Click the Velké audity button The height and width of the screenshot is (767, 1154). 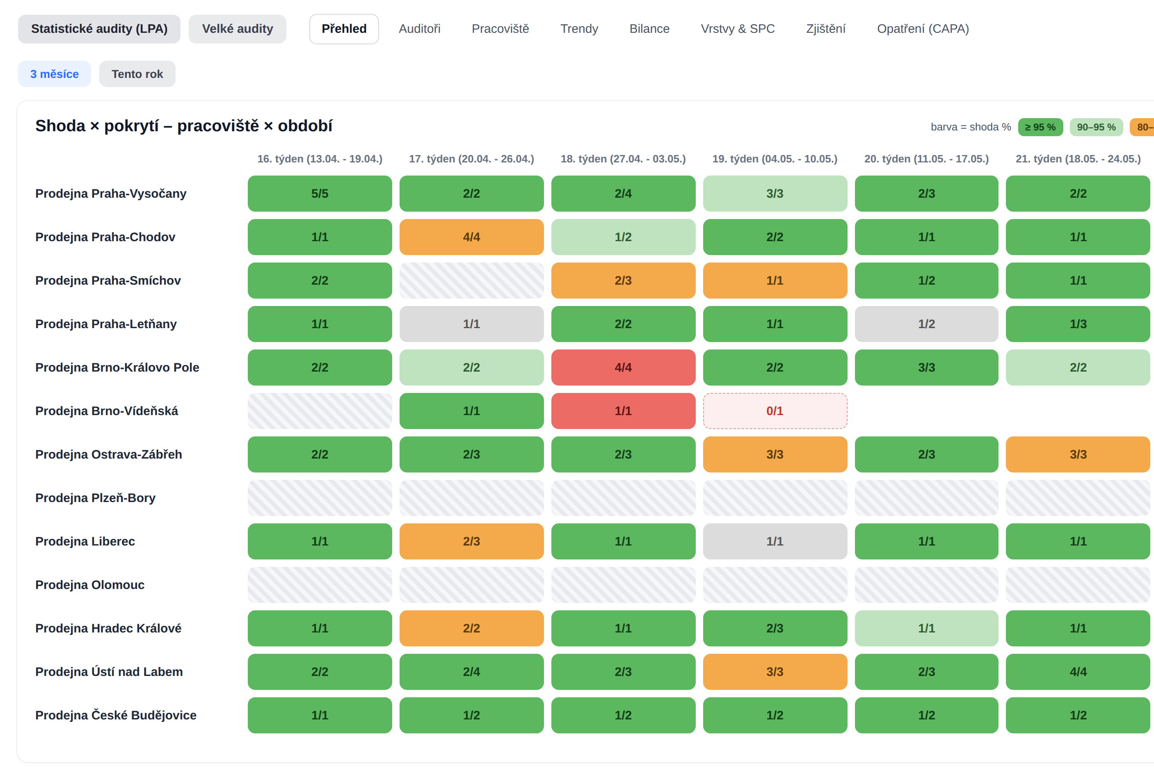coord(237,29)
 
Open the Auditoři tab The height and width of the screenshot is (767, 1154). coord(419,29)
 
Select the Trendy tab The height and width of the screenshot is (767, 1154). coord(579,29)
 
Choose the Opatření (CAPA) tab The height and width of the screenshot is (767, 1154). coord(923,29)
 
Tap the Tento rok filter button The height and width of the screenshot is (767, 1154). coord(137,74)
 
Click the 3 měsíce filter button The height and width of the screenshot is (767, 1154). coord(54,74)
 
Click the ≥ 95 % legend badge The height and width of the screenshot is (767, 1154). coord(1040,127)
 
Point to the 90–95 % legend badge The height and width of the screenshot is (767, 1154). coord(1096,127)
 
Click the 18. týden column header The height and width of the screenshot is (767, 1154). coord(623,159)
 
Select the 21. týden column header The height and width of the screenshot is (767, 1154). coord(1078,159)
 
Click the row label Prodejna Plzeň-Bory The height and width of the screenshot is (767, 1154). coord(96,498)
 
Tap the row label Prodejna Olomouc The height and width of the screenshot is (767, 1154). coord(90,585)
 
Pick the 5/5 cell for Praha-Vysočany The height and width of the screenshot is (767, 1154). coord(320,194)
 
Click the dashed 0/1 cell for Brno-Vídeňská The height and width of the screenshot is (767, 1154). coord(775,411)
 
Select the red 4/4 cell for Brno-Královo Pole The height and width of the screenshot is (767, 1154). coord(623,368)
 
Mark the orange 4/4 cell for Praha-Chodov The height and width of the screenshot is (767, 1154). coord(472,237)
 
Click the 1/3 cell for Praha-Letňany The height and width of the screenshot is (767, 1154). coord(1078,324)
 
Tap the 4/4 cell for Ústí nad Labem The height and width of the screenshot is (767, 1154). coord(1078,671)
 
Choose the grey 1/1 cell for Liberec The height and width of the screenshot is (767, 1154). coord(775,541)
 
